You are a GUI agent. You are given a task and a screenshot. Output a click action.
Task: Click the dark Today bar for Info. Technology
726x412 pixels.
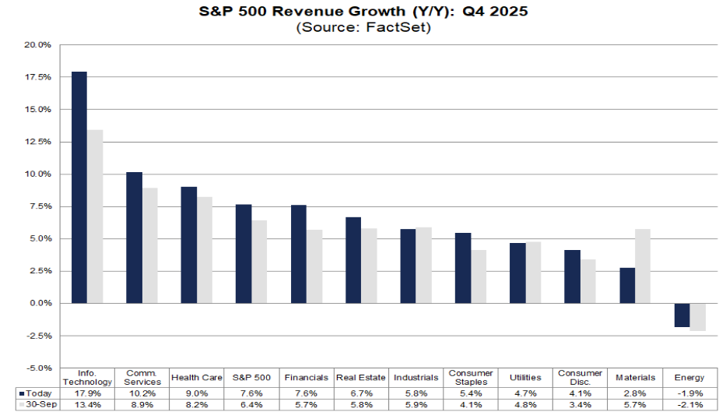(79, 187)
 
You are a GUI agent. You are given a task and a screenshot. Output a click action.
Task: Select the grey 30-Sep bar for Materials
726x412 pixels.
(643, 266)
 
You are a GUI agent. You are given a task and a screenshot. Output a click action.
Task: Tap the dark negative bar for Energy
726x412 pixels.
(682, 315)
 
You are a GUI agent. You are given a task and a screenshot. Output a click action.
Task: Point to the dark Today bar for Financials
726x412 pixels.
(299, 254)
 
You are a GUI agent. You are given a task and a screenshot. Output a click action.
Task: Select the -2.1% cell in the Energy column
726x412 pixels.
(689, 405)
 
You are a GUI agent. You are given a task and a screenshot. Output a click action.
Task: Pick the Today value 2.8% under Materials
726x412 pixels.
(635, 393)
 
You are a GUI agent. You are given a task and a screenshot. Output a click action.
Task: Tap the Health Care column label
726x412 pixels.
(197, 378)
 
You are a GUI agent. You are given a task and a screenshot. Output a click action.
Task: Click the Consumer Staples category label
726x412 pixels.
(470, 378)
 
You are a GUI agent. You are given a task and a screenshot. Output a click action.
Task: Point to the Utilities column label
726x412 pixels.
(525, 378)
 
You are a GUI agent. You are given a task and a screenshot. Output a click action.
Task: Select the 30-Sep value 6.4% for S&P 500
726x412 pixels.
(251, 405)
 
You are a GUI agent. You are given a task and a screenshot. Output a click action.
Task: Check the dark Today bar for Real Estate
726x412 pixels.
(353, 260)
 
